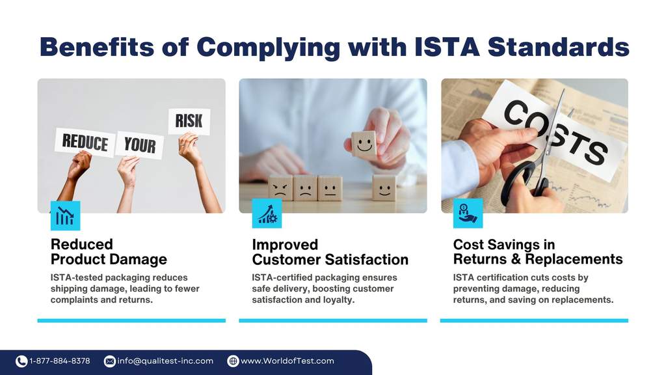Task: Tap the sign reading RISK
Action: [x=189, y=121]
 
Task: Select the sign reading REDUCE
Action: [x=85, y=141]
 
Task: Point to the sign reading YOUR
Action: [x=139, y=145]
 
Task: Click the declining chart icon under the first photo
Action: [x=65, y=215]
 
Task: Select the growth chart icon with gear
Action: [x=267, y=214]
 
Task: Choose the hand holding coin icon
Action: [x=468, y=214]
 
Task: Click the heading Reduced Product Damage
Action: [x=109, y=252]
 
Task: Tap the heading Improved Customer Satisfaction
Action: [x=330, y=252]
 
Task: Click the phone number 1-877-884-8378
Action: [x=60, y=361]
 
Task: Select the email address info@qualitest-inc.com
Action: [x=165, y=361]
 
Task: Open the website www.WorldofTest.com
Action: [x=287, y=361]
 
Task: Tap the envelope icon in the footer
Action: [x=110, y=361]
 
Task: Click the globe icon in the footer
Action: [x=233, y=361]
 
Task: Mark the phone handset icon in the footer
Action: [x=21, y=361]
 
